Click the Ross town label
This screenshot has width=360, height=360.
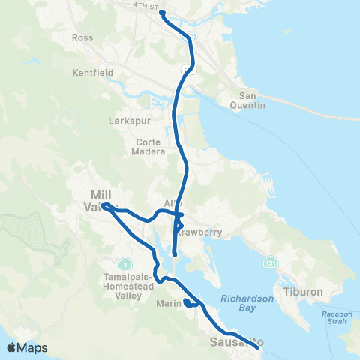pos(82,37)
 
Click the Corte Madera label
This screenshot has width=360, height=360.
pos(151,146)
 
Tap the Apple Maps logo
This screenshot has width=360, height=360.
pos(27,347)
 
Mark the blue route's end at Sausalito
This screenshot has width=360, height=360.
pos(257,347)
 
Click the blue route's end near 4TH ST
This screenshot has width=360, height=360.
pos(162,13)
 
